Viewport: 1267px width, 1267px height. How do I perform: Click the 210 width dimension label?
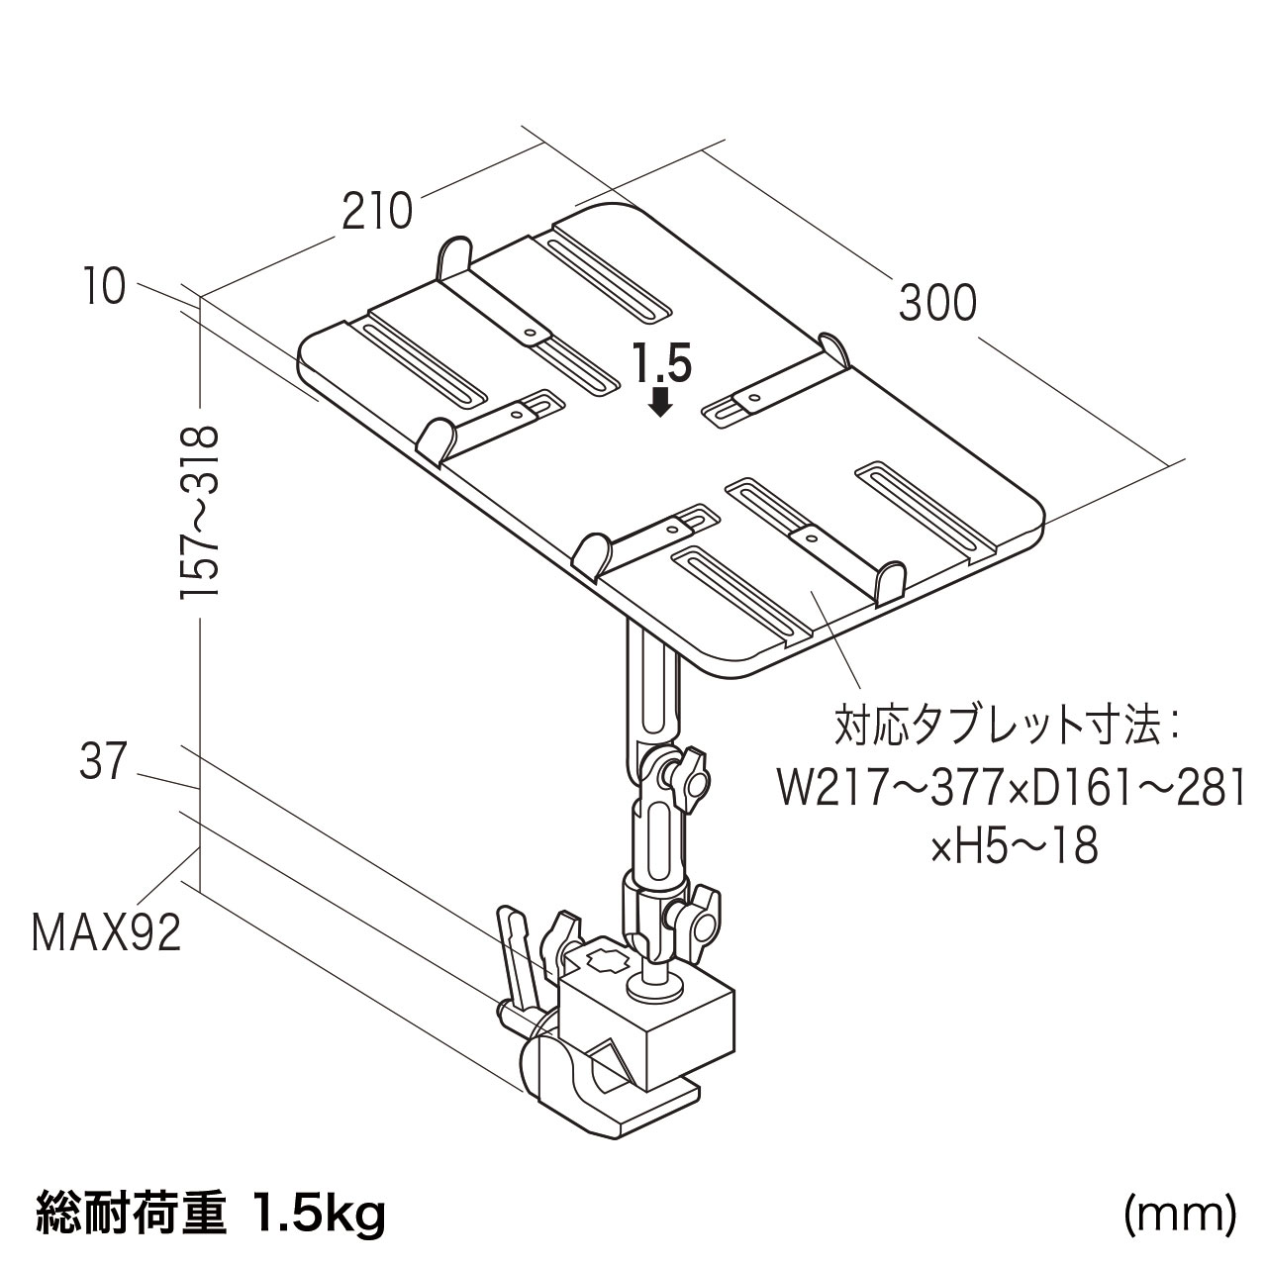coord(376,212)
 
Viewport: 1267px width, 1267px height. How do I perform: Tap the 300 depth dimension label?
coord(937,303)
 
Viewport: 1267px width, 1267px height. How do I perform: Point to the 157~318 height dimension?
coord(199,512)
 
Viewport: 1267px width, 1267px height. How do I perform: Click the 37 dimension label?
coord(103,763)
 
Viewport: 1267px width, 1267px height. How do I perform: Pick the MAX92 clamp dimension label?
coord(107,932)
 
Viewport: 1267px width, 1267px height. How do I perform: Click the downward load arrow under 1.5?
coord(661,400)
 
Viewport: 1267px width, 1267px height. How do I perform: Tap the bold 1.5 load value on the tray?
coord(661,364)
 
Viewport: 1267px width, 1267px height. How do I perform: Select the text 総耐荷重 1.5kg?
coord(210,1216)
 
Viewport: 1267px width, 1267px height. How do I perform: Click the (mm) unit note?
coord(1180,1215)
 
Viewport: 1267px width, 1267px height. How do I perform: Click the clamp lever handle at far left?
coord(518,950)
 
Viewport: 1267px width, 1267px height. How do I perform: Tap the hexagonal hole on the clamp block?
coord(603,961)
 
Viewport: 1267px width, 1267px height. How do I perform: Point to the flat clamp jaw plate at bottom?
coord(643,1117)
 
